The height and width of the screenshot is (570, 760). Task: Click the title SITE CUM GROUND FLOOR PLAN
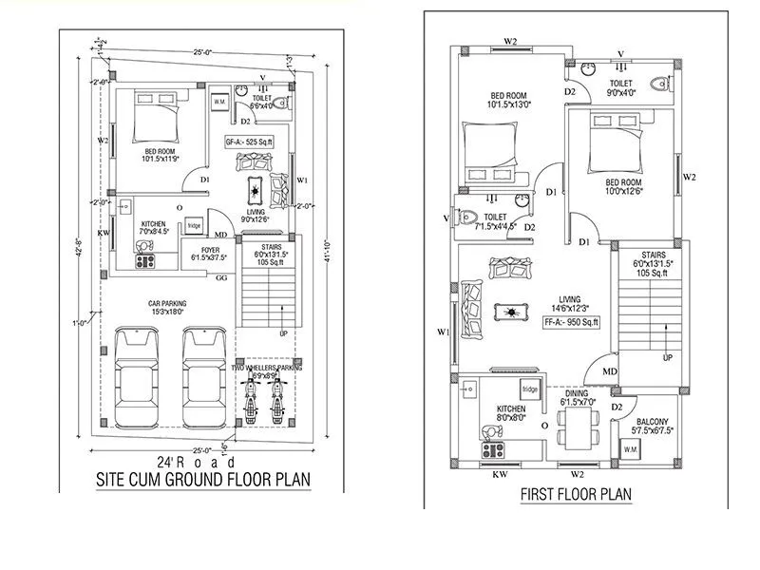[x=204, y=479]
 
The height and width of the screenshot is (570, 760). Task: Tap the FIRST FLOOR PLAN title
[x=576, y=495]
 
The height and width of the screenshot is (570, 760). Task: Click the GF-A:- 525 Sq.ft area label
[x=249, y=142]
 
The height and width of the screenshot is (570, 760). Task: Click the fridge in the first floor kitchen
[x=530, y=389]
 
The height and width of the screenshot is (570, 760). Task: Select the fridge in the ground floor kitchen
[x=194, y=225]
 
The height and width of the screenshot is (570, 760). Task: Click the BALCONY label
[x=652, y=423]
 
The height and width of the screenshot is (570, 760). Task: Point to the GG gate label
[x=220, y=278]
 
